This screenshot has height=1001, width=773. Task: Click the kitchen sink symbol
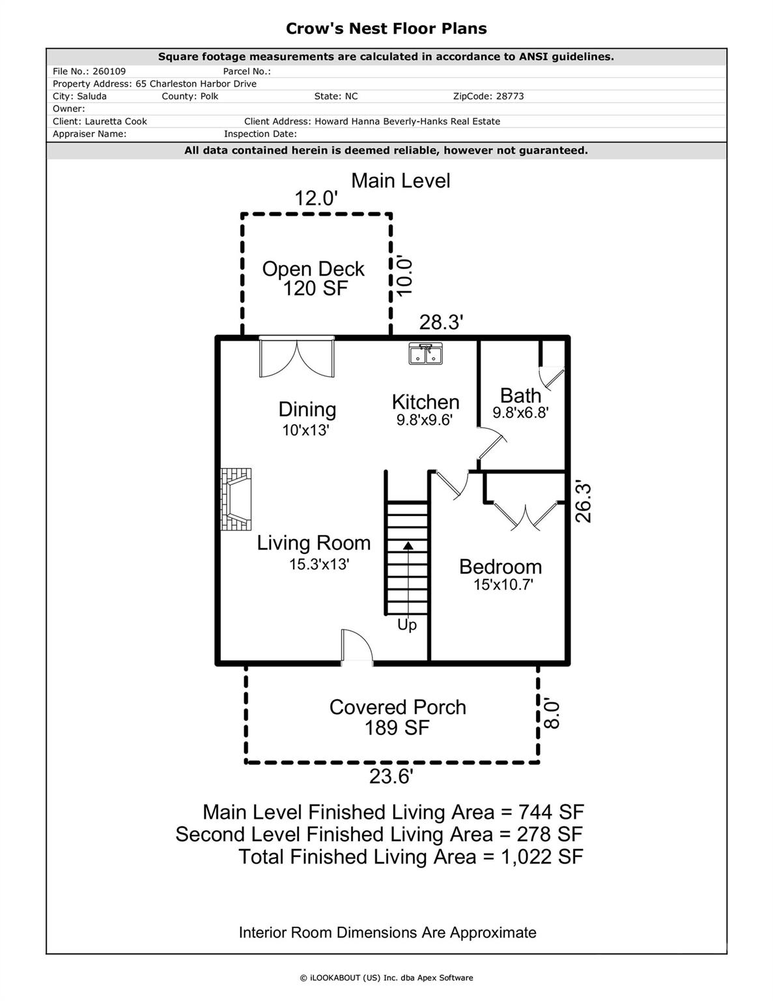point(425,354)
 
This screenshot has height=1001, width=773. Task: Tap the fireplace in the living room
point(235,500)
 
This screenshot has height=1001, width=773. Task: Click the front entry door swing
point(356,646)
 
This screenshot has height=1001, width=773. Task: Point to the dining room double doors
point(297,357)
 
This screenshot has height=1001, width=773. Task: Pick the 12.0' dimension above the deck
point(316,198)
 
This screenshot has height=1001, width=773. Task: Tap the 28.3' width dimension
point(441,322)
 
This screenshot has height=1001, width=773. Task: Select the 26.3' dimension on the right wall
point(583,502)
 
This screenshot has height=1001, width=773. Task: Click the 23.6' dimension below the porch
point(391,777)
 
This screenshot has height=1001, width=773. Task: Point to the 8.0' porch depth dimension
point(552,714)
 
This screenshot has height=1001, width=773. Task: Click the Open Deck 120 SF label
point(313,278)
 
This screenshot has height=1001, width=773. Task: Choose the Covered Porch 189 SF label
point(397,717)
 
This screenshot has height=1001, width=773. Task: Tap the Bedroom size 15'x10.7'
point(503,585)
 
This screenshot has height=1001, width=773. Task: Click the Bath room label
point(520,396)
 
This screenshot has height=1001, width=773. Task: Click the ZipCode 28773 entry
point(488,96)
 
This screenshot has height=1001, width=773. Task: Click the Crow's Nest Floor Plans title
point(386,29)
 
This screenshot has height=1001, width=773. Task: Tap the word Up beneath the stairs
point(407,625)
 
